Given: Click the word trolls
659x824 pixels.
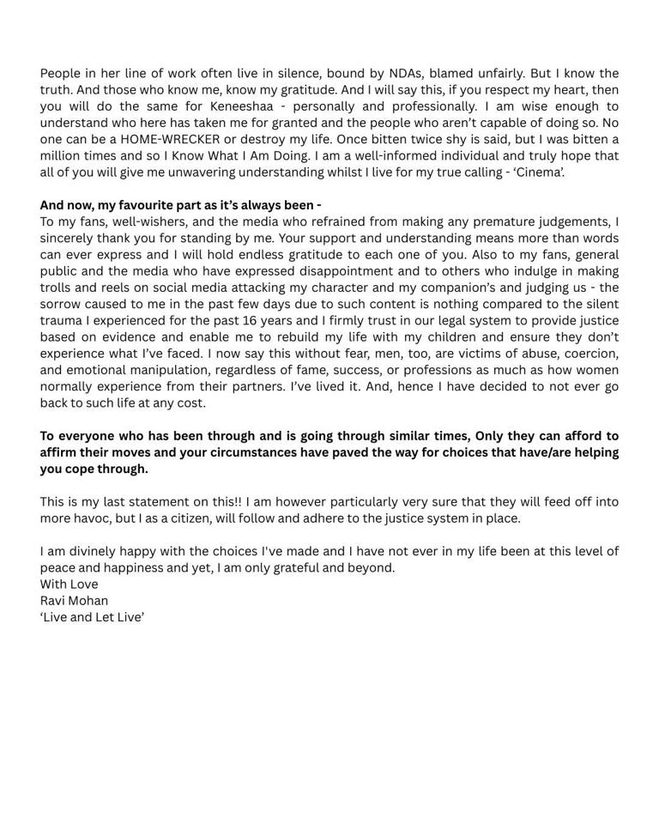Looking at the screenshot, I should tap(57, 288).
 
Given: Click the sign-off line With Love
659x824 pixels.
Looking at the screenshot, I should tap(70, 585).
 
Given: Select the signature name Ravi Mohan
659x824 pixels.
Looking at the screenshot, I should tap(75, 601).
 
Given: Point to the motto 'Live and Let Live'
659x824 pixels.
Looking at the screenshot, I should tap(93, 617).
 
